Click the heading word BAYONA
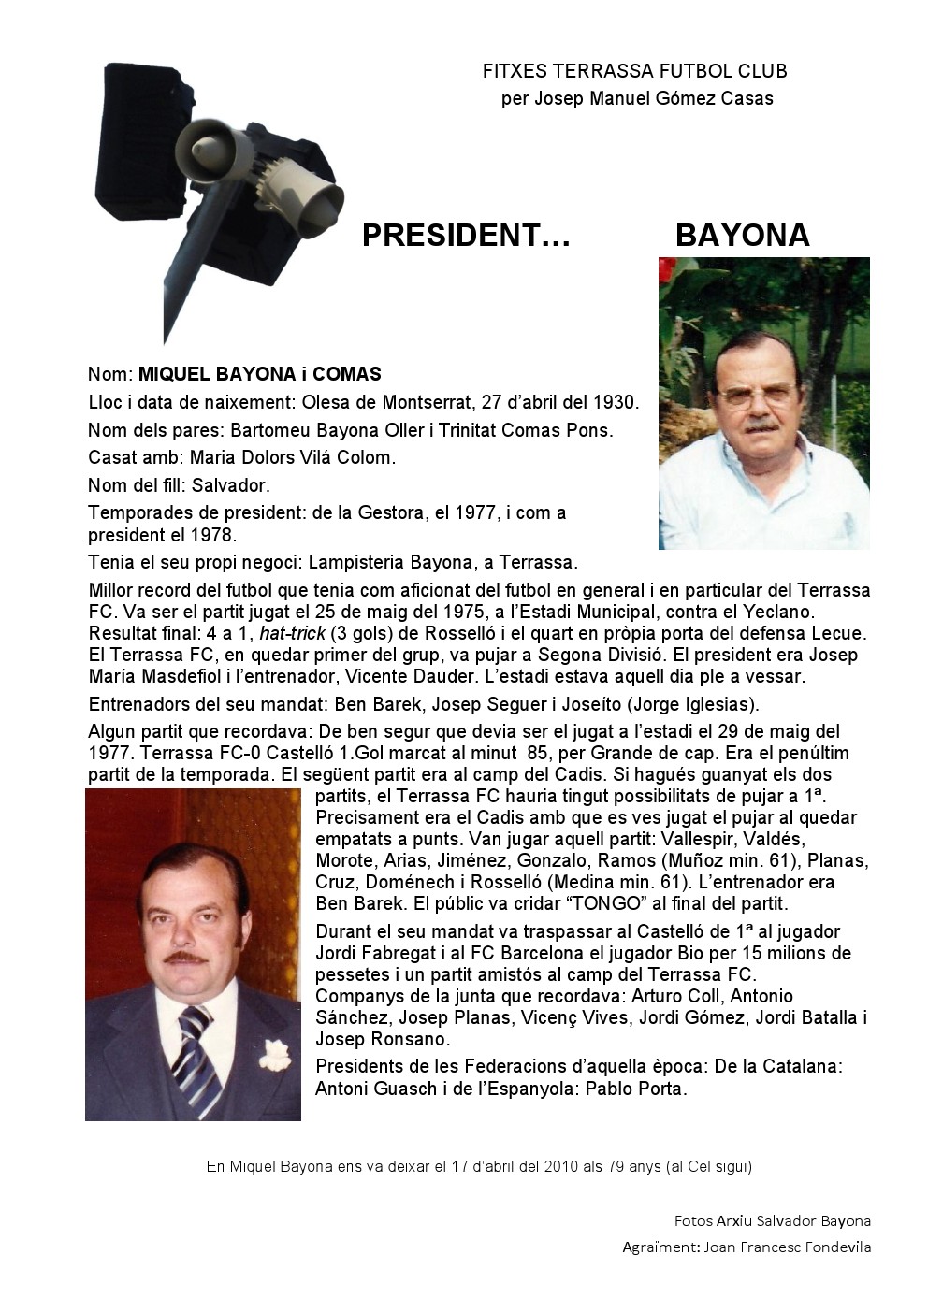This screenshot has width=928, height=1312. click(x=742, y=236)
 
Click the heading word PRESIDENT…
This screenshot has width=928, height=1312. click(x=466, y=236)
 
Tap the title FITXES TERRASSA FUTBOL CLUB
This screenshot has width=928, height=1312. click(x=634, y=71)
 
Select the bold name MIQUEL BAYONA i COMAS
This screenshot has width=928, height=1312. click(x=260, y=375)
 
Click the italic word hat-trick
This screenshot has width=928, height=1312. click(x=292, y=633)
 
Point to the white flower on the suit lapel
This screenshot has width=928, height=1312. click(x=271, y=1054)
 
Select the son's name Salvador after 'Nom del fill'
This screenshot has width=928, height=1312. click(x=230, y=485)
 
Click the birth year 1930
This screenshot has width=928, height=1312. click(x=615, y=403)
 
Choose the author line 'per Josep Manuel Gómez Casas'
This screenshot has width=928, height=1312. click(x=637, y=98)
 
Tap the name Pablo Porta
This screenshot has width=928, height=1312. click(x=636, y=1089)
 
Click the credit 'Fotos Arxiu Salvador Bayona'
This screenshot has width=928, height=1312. click(x=772, y=1220)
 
